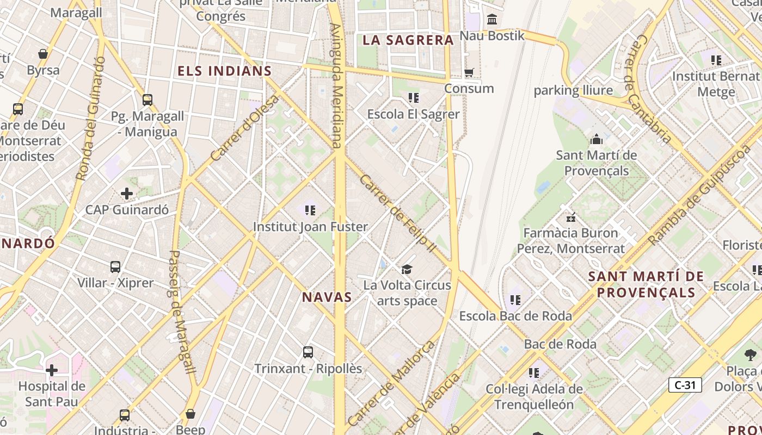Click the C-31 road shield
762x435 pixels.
(x=685, y=385)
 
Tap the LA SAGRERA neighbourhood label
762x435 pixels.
(x=408, y=40)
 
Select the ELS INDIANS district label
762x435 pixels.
(x=225, y=71)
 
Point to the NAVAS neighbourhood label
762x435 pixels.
(x=327, y=297)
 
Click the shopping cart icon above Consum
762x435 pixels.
(x=469, y=72)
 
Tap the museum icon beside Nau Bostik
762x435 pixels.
(x=492, y=20)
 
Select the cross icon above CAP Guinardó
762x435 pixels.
(x=127, y=193)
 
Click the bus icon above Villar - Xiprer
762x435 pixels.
(x=115, y=267)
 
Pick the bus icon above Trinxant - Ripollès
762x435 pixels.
(x=308, y=352)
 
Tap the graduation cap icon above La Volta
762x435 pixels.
(x=407, y=269)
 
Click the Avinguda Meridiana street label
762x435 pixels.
(x=336, y=85)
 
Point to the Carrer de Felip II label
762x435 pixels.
(x=398, y=213)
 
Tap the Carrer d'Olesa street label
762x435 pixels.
(x=245, y=128)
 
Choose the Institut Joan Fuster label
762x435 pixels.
(x=311, y=227)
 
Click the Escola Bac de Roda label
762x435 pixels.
(x=515, y=316)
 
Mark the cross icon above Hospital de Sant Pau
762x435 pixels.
(x=52, y=370)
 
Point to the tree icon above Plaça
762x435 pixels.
(x=751, y=355)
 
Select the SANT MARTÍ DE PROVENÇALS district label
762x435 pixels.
(x=646, y=284)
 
